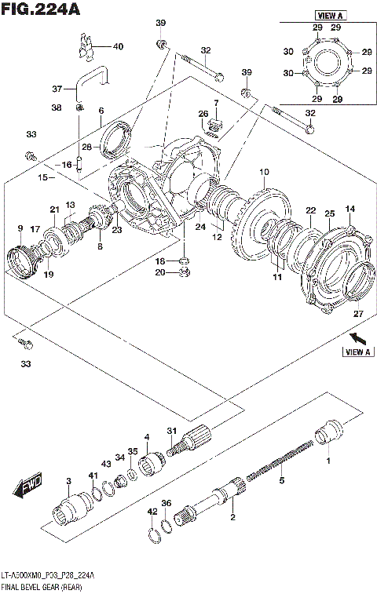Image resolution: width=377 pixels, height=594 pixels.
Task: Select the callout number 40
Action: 118,46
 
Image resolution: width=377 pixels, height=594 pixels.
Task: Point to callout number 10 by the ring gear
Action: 263,171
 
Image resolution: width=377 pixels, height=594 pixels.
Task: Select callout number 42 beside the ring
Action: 152,511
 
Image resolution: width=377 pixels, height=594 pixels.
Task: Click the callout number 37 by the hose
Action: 56,88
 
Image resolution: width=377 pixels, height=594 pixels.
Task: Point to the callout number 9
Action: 20,228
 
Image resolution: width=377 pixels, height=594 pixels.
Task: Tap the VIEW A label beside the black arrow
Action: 357,352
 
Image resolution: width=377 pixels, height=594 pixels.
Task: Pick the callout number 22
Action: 310,210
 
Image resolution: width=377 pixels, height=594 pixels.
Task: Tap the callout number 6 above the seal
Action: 101,111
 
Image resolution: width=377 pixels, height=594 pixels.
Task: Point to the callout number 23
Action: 116,230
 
